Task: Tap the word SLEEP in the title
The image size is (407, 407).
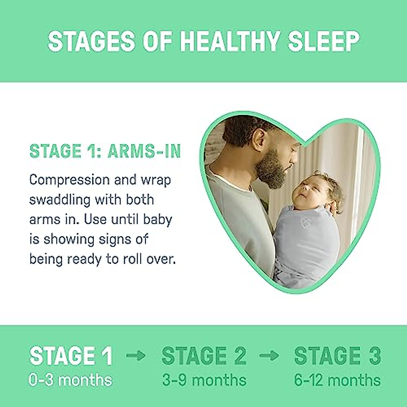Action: [x=324, y=41]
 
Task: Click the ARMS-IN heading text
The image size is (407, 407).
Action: [x=144, y=151]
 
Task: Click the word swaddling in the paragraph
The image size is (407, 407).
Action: [x=59, y=200]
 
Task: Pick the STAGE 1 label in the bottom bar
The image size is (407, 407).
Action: [x=71, y=356]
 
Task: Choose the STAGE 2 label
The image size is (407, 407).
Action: [x=204, y=356]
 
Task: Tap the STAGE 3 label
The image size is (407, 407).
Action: [x=337, y=356]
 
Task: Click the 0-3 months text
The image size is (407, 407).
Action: [x=70, y=380]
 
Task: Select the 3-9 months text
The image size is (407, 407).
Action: [x=204, y=380]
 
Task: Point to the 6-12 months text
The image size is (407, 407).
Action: [x=337, y=380]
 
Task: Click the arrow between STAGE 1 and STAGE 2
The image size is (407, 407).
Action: [x=136, y=355]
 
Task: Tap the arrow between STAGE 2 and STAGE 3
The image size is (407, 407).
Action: [x=269, y=355]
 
